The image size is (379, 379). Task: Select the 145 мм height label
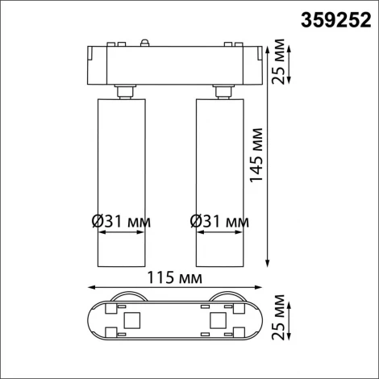(x=257, y=156)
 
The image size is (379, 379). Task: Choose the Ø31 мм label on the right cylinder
(x=219, y=220)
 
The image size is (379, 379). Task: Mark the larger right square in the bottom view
(x=215, y=322)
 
